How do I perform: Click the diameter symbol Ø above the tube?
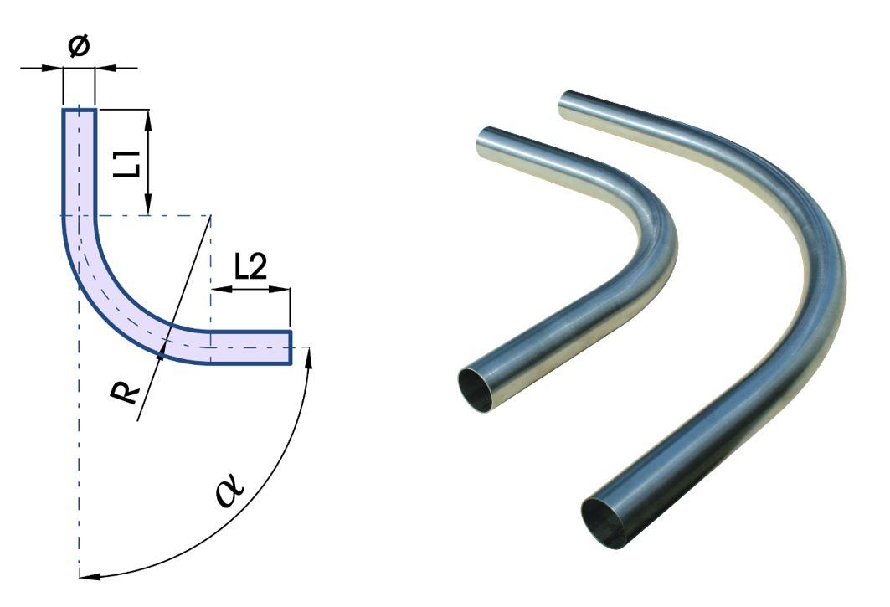point(78,47)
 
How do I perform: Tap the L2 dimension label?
point(250,267)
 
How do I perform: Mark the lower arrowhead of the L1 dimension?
point(147,208)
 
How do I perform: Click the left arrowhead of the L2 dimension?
point(217,291)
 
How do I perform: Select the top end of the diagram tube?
point(80,110)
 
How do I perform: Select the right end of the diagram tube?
point(290,347)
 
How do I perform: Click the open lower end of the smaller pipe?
point(480,389)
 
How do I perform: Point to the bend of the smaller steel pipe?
point(657,243)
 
